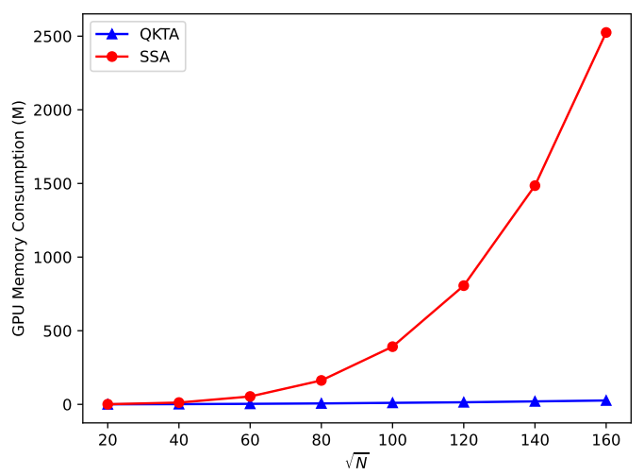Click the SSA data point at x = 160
pyautogui.click(x=605, y=32)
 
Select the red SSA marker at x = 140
pyautogui.click(x=535, y=185)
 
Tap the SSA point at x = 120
pyautogui.click(x=464, y=285)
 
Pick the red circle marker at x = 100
pyautogui.click(x=392, y=347)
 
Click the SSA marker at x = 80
pyautogui.click(x=322, y=381)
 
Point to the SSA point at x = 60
pyautogui.click(x=250, y=397)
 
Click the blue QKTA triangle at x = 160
pyautogui.click(x=605, y=400)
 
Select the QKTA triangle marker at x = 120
pyautogui.click(x=464, y=402)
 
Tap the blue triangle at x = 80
pyautogui.click(x=322, y=403)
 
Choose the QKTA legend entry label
pyautogui.click(x=159, y=34)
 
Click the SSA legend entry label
pyautogui.click(x=155, y=57)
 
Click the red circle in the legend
pyautogui.click(x=111, y=57)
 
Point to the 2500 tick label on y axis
pyautogui.click(x=53, y=37)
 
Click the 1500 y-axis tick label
pyautogui.click(x=53, y=184)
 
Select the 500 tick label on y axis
pyautogui.click(x=58, y=331)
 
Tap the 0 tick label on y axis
pyautogui.click(x=67, y=405)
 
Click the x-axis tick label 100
pyautogui.click(x=392, y=440)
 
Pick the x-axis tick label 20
pyautogui.click(x=107, y=440)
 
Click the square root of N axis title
pyautogui.click(x=357, y=462)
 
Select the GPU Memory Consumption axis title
pyautogui.click(x=19, y=218)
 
